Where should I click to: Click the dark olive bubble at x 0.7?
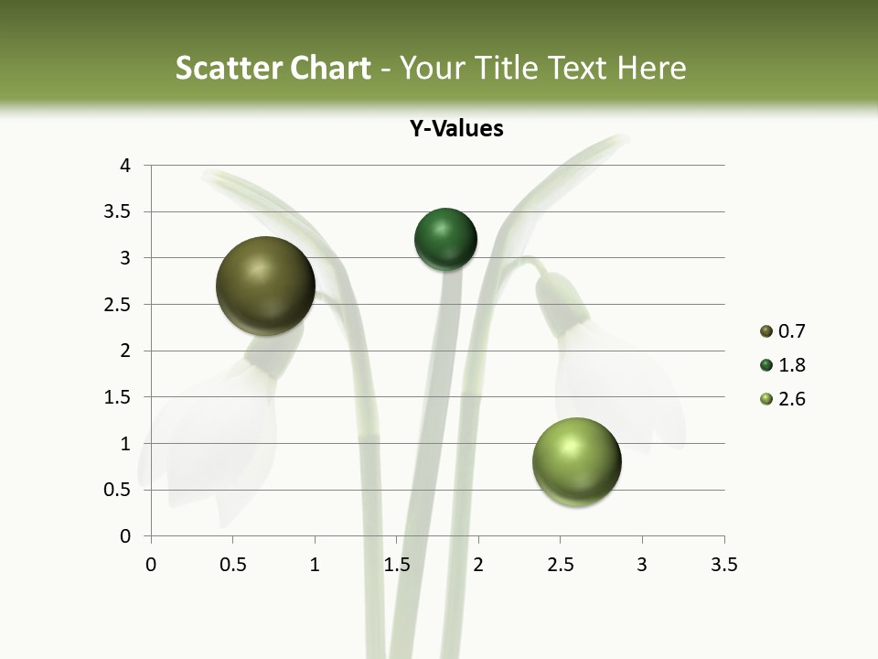pos(265,286)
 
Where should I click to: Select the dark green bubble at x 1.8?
pos(445,240)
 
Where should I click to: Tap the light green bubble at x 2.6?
pos(576,461)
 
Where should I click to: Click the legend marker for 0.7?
pos(766,331)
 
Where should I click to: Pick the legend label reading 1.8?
pos(791,365)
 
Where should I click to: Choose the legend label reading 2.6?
pos(791,399)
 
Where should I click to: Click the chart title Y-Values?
pos(456,128)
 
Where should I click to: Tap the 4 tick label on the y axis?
pos(125,166)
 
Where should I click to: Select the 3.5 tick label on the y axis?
pos(118,212)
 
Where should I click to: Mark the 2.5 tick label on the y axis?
pos(118,305)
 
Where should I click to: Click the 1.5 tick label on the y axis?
pos(118,397)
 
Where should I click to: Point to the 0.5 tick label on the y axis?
pos(118,490)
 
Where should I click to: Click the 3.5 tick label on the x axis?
pos(723,565)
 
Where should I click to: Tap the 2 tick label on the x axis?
pos(478,565)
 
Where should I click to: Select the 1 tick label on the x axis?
pos(315,565)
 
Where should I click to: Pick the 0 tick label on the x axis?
pos(151,565)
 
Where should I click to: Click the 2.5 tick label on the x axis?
pos(560,565)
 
